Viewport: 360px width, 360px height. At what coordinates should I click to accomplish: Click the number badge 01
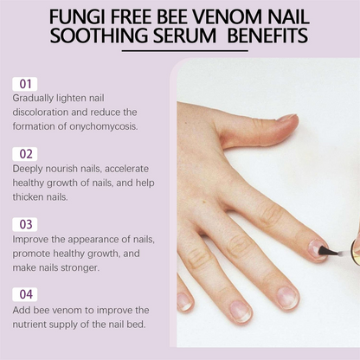25,84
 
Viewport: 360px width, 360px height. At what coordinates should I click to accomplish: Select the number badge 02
25,154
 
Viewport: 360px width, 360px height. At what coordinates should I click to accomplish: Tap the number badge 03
25,224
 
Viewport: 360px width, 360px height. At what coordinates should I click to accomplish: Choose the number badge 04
25,294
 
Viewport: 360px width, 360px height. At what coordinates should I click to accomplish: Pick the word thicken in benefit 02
30,196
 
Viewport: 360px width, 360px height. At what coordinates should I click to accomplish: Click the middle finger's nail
286,296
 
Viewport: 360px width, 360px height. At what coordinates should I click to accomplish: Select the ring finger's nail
238,310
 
